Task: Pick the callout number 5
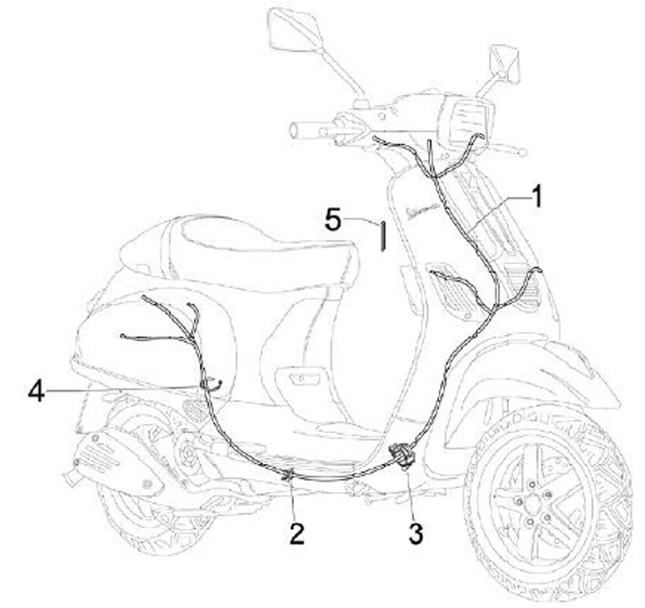[333, 218]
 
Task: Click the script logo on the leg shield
[421, 209]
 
